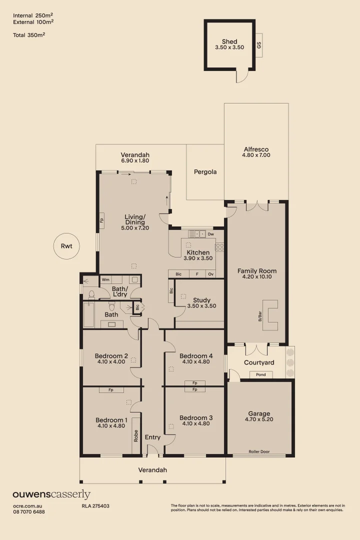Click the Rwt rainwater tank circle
66,246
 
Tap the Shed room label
229,41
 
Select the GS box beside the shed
259,44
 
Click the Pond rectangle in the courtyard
261,374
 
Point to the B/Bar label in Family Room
260,316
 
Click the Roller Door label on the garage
259,451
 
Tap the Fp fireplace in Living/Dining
101,219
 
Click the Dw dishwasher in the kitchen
210,233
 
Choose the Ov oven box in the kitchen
210,274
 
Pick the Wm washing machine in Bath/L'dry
105,279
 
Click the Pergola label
205,172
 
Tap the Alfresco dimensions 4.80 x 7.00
256,155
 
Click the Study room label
201,300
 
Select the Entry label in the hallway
152,437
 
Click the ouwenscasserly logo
51,494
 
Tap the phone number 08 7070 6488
29,512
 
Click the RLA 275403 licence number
95,506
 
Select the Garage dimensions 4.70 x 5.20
259,419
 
